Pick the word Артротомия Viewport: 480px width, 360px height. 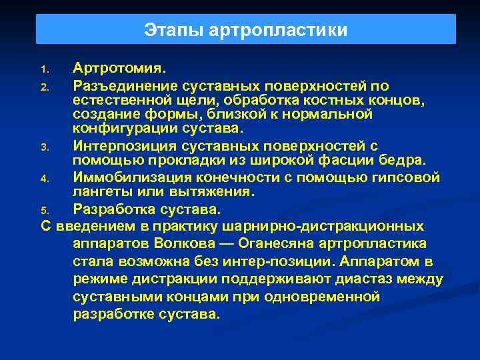[x=121, y=68]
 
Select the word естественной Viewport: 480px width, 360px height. [x=127, y=100]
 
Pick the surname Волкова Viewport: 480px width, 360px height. [x=159, y=243]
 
